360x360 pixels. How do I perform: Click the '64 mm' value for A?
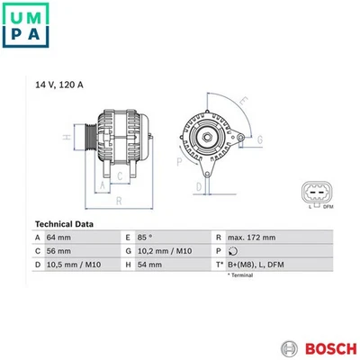pos(62,238)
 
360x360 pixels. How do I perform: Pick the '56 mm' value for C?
pos(62,252)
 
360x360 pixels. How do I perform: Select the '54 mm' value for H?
pos(149,266)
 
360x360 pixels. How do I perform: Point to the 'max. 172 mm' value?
pos(252,238)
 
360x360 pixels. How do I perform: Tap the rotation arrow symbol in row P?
pos(232,252)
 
